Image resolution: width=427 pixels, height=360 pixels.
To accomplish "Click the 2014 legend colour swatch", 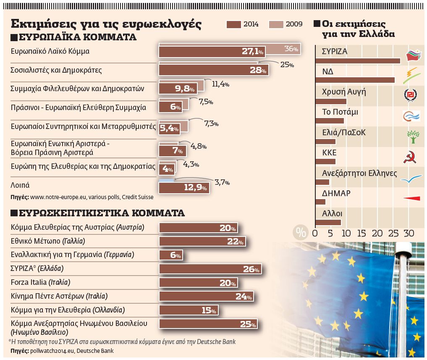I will [x=234, y=24].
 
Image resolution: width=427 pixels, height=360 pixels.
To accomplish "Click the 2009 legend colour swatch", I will [x=275, y=24].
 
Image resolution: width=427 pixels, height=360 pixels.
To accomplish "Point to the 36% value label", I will [x=291, y=49].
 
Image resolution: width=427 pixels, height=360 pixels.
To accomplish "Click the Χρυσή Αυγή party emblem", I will [x=410, y=96].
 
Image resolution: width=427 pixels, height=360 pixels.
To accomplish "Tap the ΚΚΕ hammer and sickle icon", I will [x=410, y=158].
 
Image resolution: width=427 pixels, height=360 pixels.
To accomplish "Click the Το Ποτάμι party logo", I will [x=411, y=116].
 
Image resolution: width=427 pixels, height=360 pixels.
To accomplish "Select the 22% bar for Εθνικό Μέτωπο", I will [x=202, y=242].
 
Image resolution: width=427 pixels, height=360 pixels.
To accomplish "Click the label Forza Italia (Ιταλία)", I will [x=40, y=282].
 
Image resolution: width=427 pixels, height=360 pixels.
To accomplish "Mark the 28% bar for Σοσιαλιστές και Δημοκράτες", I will [x=214, y=70].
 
